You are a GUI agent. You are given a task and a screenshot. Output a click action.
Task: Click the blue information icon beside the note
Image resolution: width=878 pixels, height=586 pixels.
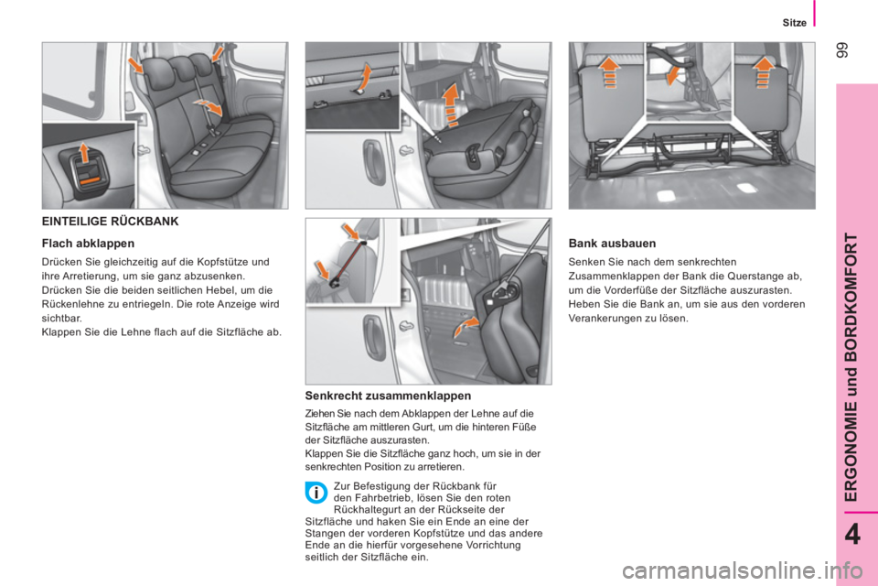315,494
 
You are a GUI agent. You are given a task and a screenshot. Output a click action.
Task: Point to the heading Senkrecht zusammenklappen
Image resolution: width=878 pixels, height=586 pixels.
388,396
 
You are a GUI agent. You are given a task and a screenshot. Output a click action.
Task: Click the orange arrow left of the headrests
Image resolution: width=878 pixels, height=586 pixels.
136,66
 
